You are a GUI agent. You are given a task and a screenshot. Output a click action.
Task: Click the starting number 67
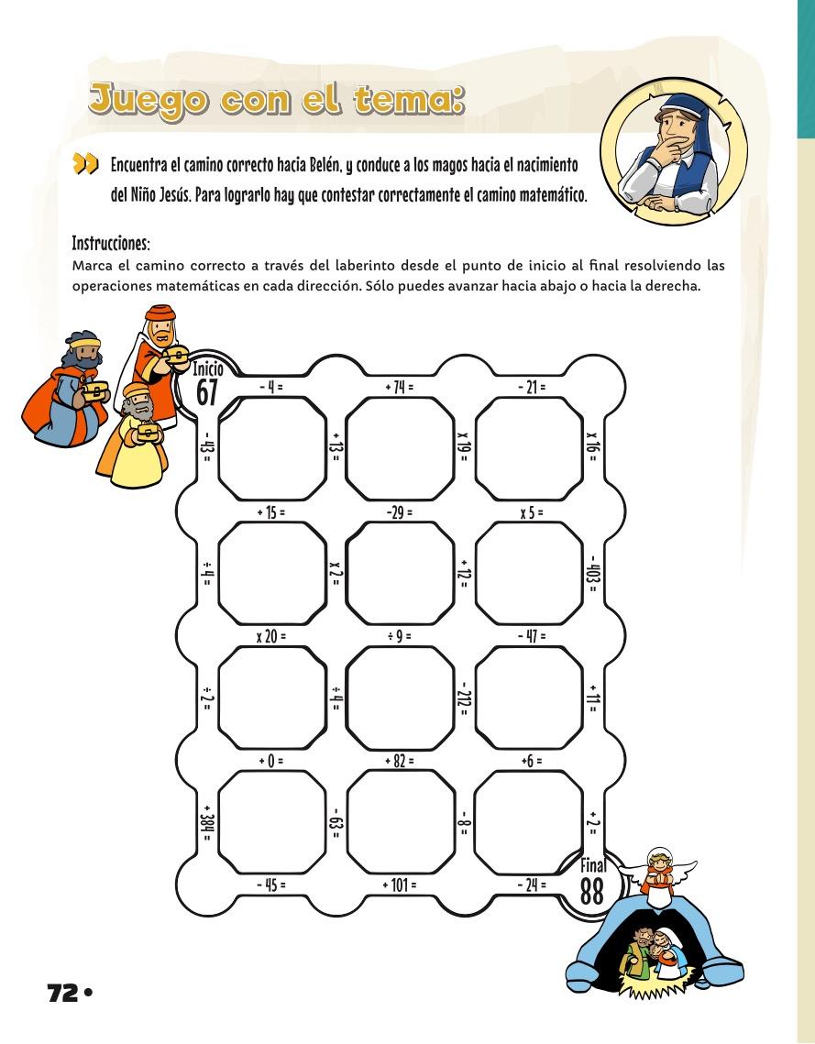click(x=208, y=390)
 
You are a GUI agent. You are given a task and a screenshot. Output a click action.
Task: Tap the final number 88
click(x=592, y=890)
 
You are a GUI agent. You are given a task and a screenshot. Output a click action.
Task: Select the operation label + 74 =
click(x=400, y=388)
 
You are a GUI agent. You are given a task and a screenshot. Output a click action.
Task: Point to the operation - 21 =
click(x=531, y=388)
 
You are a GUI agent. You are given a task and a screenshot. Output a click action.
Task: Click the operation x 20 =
click(x=272, y=635)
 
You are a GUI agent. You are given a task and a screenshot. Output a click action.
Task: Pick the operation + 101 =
click(x=400, y=885)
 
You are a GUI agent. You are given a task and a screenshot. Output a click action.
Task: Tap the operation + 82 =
click(x=400, y=761)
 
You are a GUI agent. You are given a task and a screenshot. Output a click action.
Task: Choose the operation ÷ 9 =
click(x=400, y=635)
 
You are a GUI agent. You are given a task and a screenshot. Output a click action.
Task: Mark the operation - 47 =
click(x=531, y=635)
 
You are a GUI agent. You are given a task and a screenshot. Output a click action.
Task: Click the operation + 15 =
click(x=272, y=512)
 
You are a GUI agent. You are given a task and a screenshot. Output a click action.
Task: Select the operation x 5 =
click(x=531, y=512)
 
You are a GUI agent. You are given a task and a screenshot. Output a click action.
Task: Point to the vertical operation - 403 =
click(x=594, y=574)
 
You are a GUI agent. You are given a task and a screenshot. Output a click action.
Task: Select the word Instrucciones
click(x=110, y=245)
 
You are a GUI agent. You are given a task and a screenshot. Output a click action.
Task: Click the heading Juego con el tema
click(x=275, y=100)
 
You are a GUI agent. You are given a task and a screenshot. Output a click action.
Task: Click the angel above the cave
click(x=657, y=870)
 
